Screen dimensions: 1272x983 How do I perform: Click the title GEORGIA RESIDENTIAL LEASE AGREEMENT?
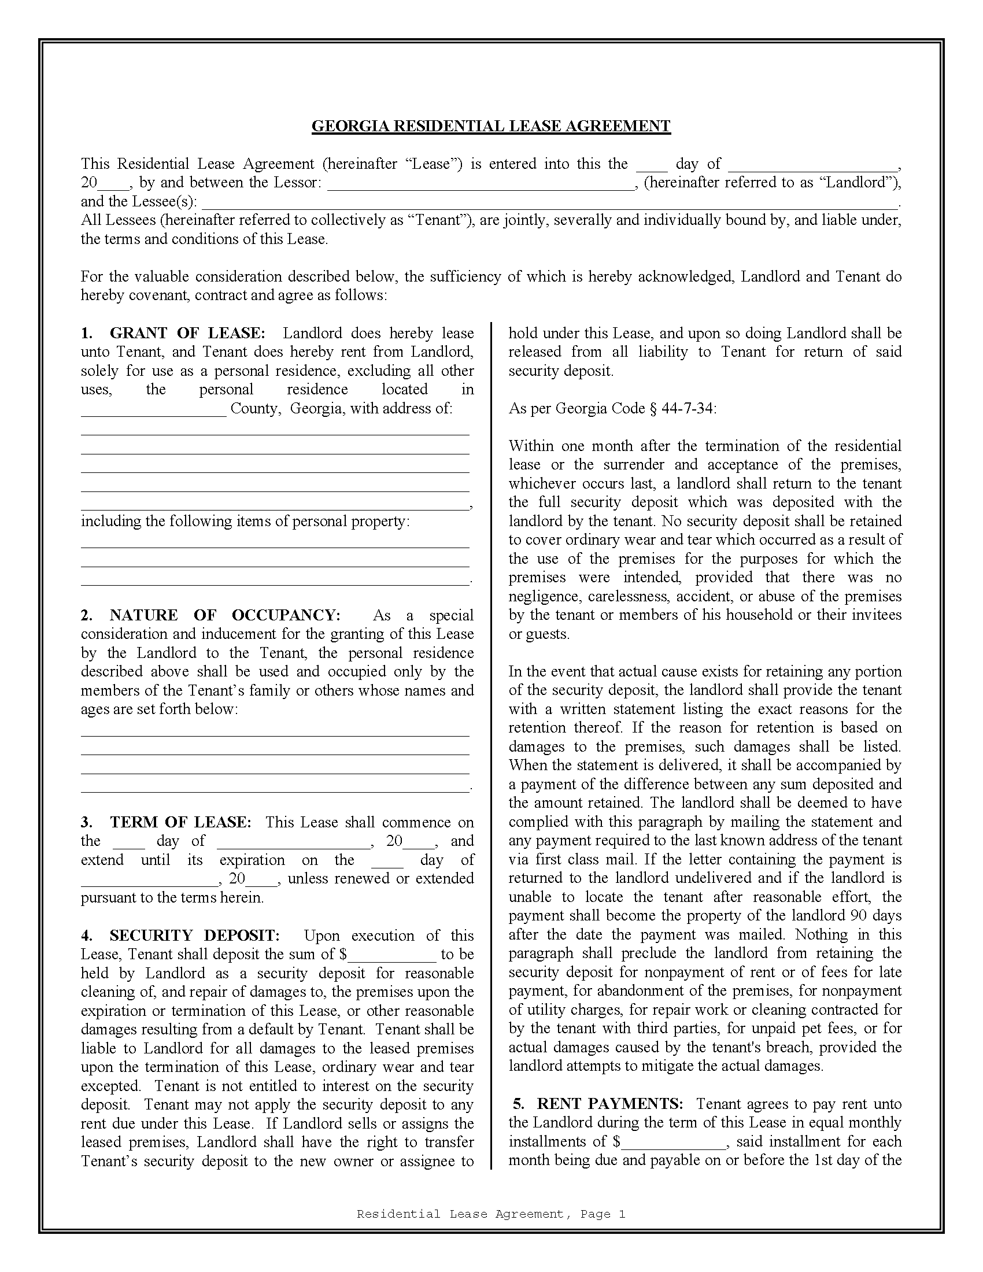point(491,127)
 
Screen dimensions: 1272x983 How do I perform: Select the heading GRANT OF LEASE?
point(187,333)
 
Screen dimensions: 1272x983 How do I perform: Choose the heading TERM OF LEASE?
point(180,822)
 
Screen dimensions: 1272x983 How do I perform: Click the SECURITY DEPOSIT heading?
point(194,935)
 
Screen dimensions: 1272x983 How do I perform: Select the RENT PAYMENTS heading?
point(609,1104)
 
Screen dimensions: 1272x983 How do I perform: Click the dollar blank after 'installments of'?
point(673,1143)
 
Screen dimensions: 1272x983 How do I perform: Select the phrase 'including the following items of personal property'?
point(245,521)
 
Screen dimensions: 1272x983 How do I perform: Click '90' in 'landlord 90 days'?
point(858,916)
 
